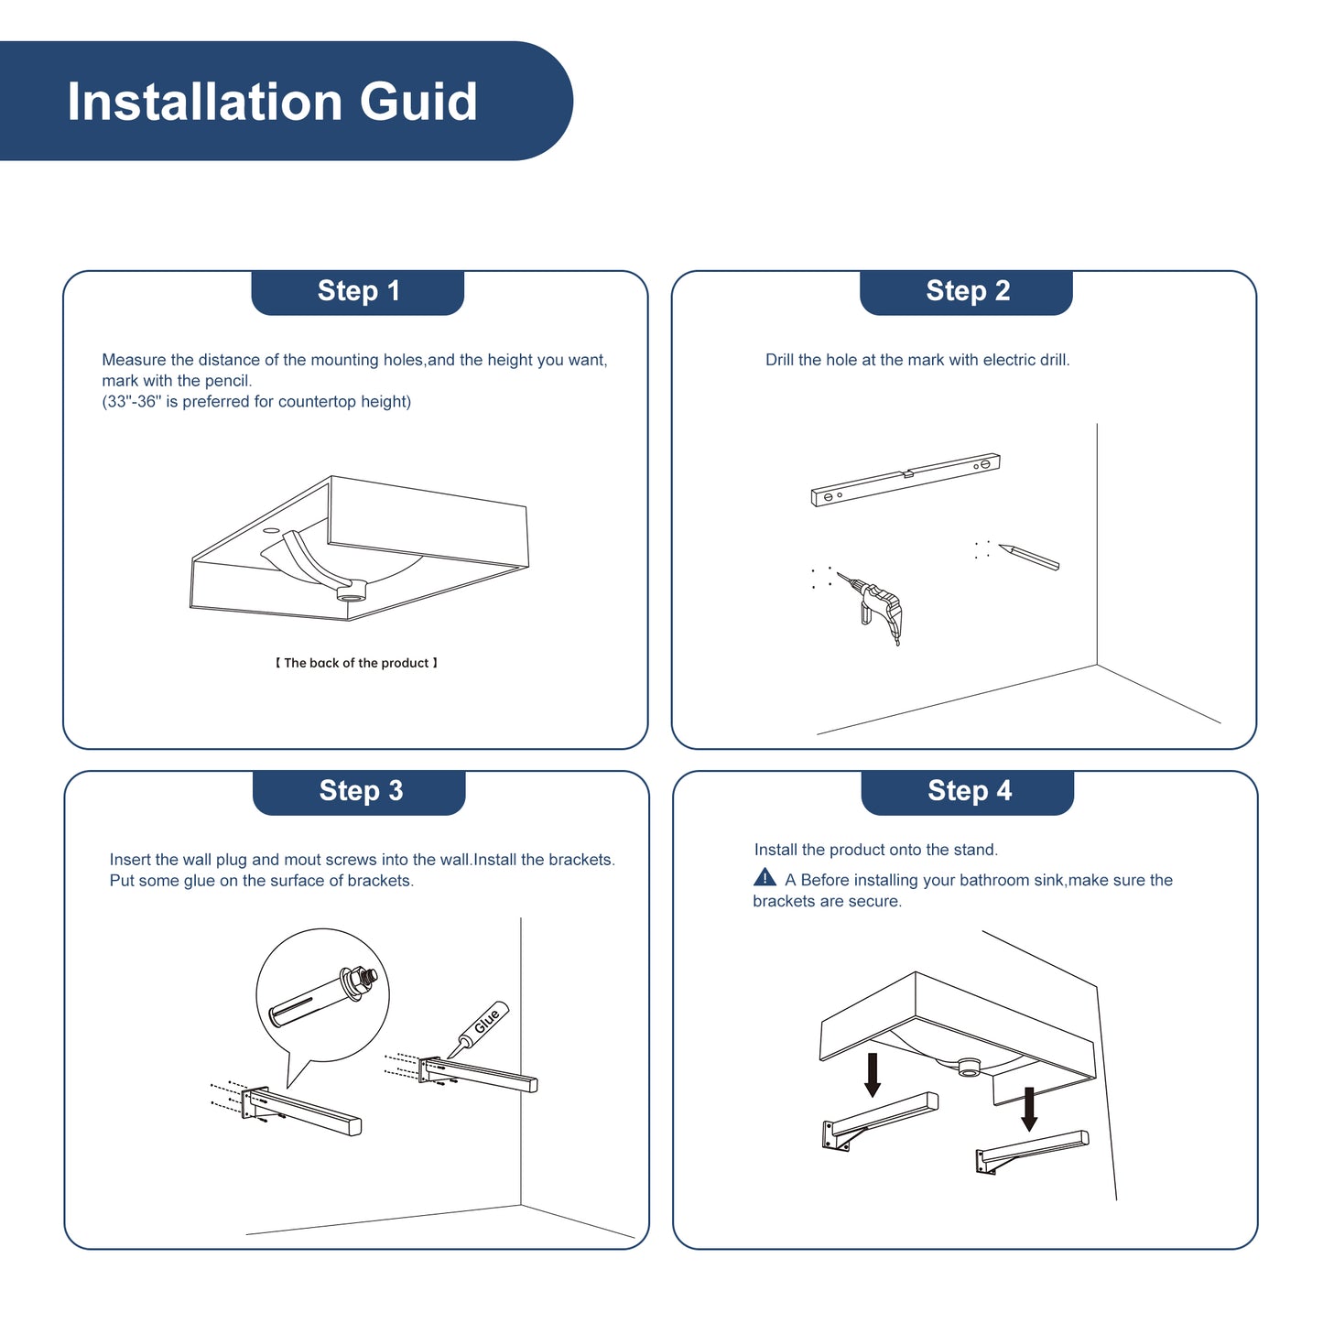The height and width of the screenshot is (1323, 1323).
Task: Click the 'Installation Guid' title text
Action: pyautogui.click(x=272, y=102)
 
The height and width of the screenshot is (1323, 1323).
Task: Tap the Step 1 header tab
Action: pyautogui.click(x=357, y=292)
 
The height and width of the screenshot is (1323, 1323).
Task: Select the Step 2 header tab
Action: pyautogui.click(x=966, y=292)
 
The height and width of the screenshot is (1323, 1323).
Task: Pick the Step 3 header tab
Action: pyautogui.click(x=359, y=792)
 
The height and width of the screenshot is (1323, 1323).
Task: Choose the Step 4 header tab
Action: pyautogui.click(x=968, y=792)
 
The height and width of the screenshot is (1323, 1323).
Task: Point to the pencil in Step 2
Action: pyautogui.click(x=1028, y=557)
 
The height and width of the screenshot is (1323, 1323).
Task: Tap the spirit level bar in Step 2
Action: pyautogui.click(x=905, y=480)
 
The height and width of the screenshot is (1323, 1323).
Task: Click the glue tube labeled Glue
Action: pyautogui.click(x=479, y=1029)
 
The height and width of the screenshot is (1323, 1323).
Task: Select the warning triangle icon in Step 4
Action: pyautogui.click(x=765, y=877)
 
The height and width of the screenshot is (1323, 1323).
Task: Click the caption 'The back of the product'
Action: pyautogui.click(x=356, y=663)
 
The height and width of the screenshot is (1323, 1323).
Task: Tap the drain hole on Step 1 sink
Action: pyautogui.click(x=352, y=591)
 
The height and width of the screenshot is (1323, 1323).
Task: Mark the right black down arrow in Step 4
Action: pyautogui.click(x=1028, y=1109)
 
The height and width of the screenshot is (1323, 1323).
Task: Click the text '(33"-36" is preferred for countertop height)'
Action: pyautogui.click(x=256, y=402)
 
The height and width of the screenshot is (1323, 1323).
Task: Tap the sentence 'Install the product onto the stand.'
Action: pyautogui.click(x=875, y=850)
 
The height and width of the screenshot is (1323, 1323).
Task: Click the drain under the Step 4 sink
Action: pyautogui.click(x=968, y=1067)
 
